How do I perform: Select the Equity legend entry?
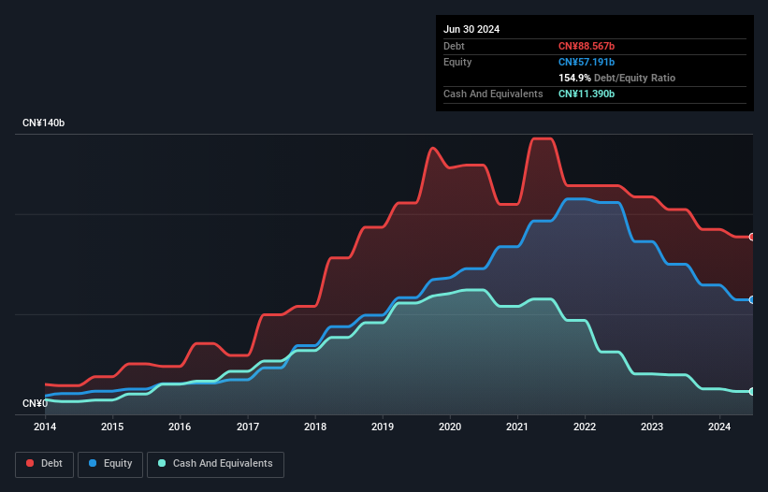111,463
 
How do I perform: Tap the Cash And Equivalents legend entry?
215,463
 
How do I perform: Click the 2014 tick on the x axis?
45,427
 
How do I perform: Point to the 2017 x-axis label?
248,427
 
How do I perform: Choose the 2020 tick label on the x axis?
450,427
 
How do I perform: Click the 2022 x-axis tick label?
585,427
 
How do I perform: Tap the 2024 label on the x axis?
720,427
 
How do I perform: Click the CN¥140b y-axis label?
43,123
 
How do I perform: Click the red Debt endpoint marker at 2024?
752,237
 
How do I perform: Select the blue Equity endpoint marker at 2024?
752,299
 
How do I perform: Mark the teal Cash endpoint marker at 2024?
752,391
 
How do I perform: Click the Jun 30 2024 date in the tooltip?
471,29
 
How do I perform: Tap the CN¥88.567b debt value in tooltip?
587,46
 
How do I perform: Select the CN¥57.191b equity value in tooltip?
587,62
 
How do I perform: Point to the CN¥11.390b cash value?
587,94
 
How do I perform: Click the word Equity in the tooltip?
457,62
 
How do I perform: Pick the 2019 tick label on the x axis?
383,427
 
